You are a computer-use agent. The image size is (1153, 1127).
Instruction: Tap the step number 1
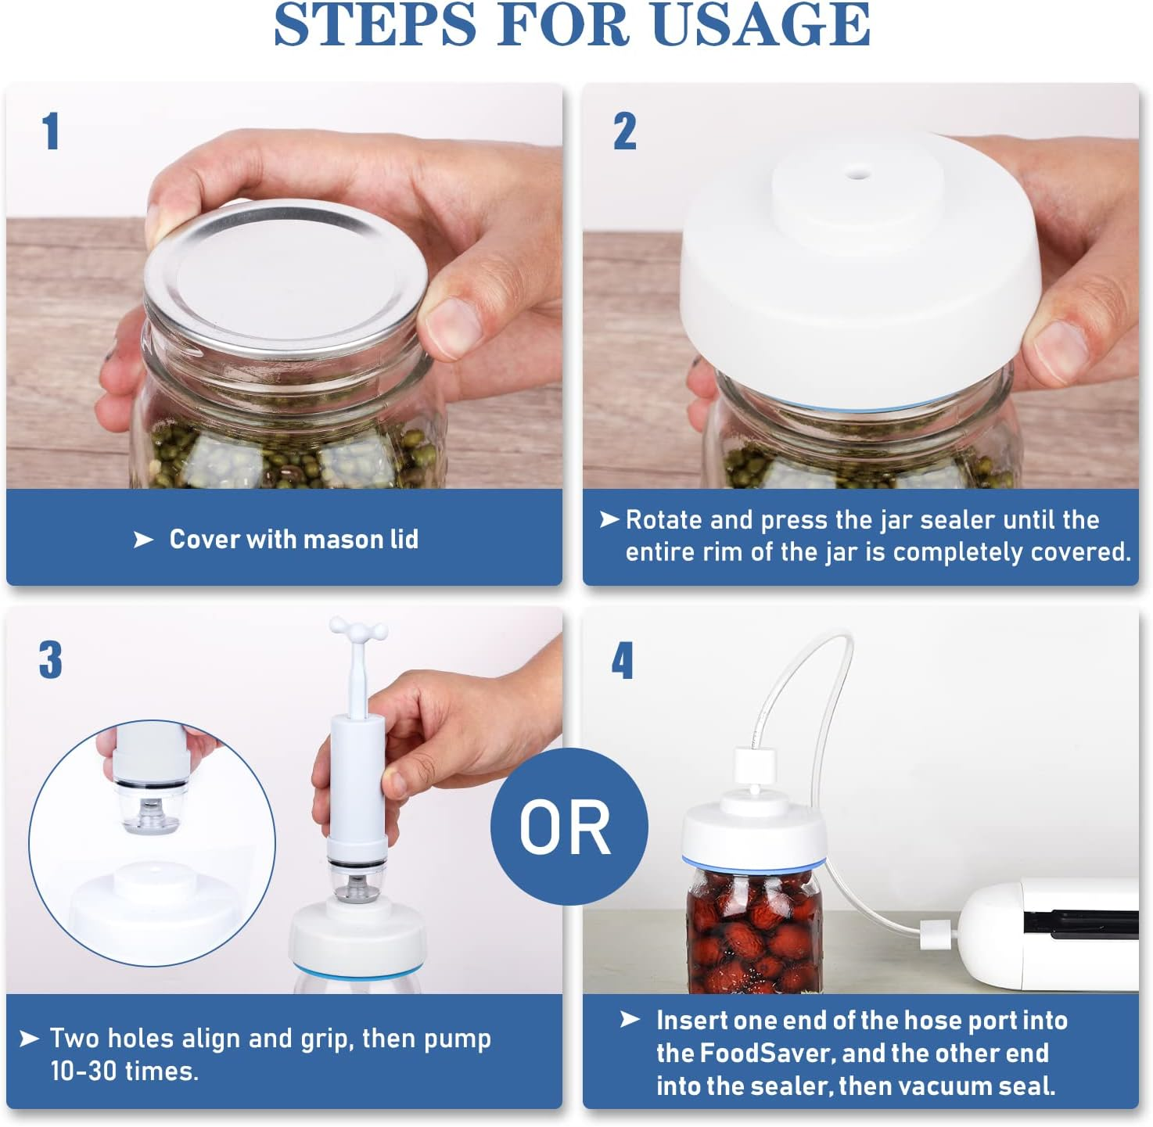coord(51,131)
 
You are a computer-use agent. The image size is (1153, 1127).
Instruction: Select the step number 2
coord(624,131)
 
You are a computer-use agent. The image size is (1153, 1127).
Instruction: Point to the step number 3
coord(51,660)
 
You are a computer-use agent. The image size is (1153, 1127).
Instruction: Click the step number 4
coord(623,661)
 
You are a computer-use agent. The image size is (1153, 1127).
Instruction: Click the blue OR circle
coord(569,827)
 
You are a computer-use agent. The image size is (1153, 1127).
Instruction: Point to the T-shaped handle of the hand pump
coord(358,630)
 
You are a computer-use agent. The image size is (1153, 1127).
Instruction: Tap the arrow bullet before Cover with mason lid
coord(143,540)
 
